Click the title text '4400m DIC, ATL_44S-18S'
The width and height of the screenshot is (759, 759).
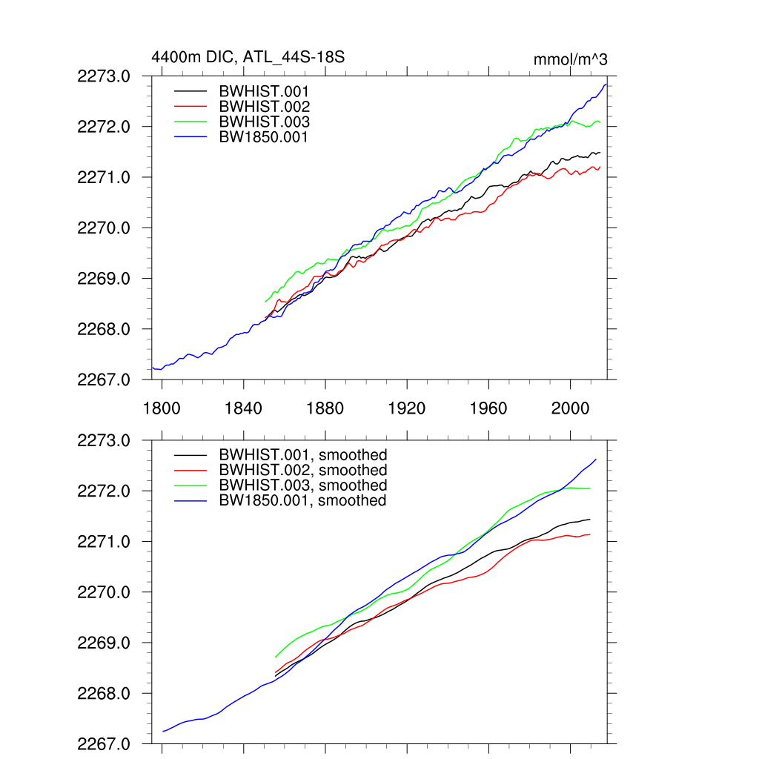pyautogui.click(x=248, y=57)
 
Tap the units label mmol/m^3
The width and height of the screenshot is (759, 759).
pyautogui.click(x=570, y=59)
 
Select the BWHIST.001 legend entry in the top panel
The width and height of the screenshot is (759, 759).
pyautogui.click(x=264, y=91)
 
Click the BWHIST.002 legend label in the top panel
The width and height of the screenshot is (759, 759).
pyautogui.click(x=264, y=107)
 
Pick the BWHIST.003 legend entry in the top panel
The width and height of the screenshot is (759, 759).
pyautogui.click(x=264, y=122)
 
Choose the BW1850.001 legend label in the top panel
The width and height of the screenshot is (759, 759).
pyautogui.click(x=263, y=137)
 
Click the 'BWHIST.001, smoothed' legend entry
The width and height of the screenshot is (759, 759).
pyautogui.click(x=302, y=455)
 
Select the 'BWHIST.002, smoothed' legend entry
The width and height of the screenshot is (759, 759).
pyautogui.click(x=302, y=471)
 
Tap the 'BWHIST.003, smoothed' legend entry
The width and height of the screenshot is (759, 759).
pyautogui.click(x=302, y=485)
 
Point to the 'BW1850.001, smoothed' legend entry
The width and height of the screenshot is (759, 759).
pyautogui.click(x=302, y=501)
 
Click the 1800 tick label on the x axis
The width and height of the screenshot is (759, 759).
pyautogui.click(x=162, y=409)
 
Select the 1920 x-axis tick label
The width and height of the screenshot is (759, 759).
pyautogui.click(x=407, y=409)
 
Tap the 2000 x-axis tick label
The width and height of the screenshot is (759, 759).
pyautogui.click(x=571, y=409)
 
